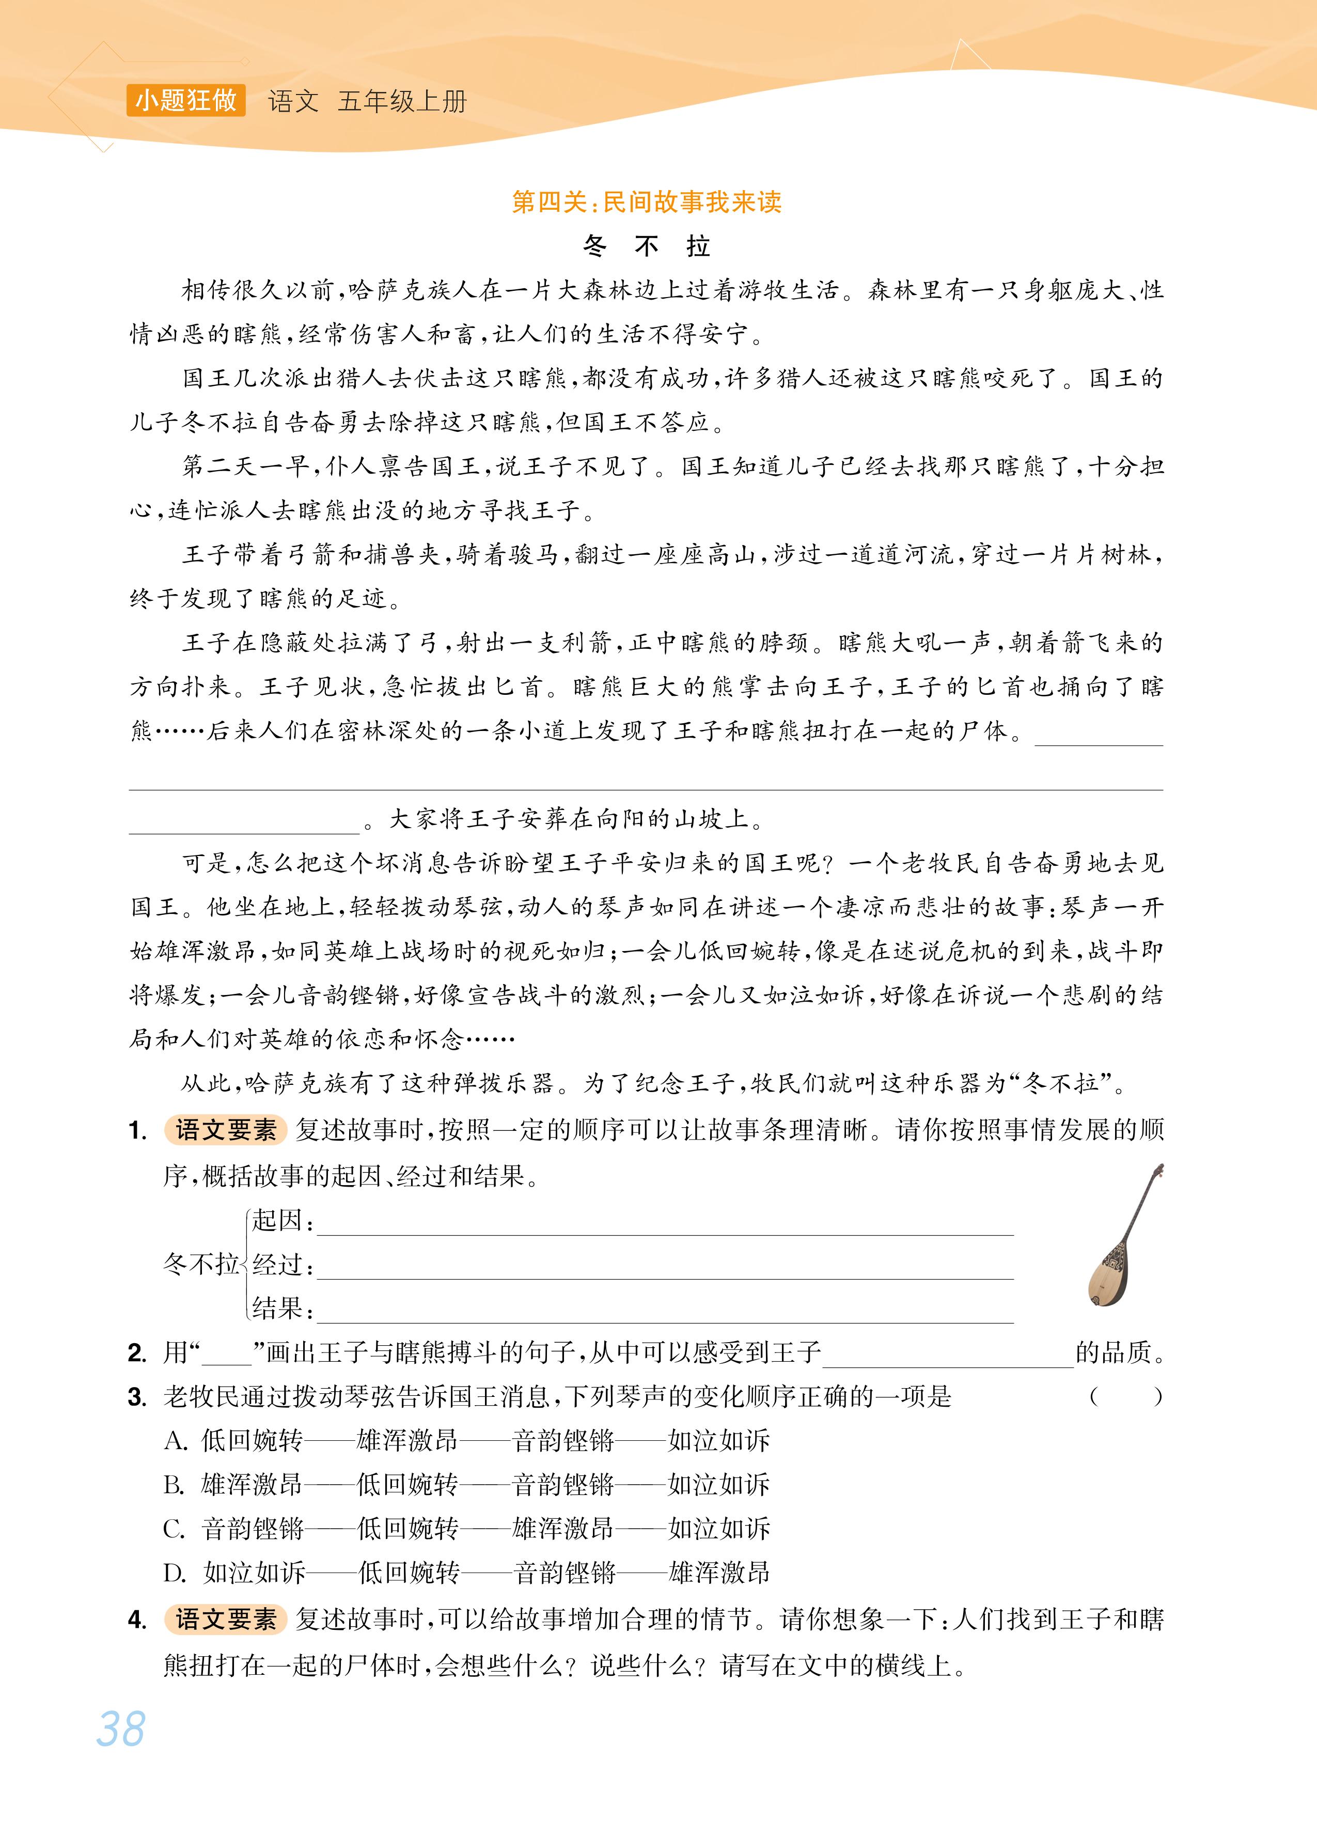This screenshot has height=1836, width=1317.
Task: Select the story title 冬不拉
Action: (646, 245)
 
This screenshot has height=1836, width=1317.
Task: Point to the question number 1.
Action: (137, 1131)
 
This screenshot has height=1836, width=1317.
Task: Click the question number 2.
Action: (137, 1352)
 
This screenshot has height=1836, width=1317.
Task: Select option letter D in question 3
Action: (175, 1573)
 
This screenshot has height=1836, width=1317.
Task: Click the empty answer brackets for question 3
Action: (1125, 1396)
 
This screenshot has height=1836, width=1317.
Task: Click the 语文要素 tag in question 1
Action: (226, 1130)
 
